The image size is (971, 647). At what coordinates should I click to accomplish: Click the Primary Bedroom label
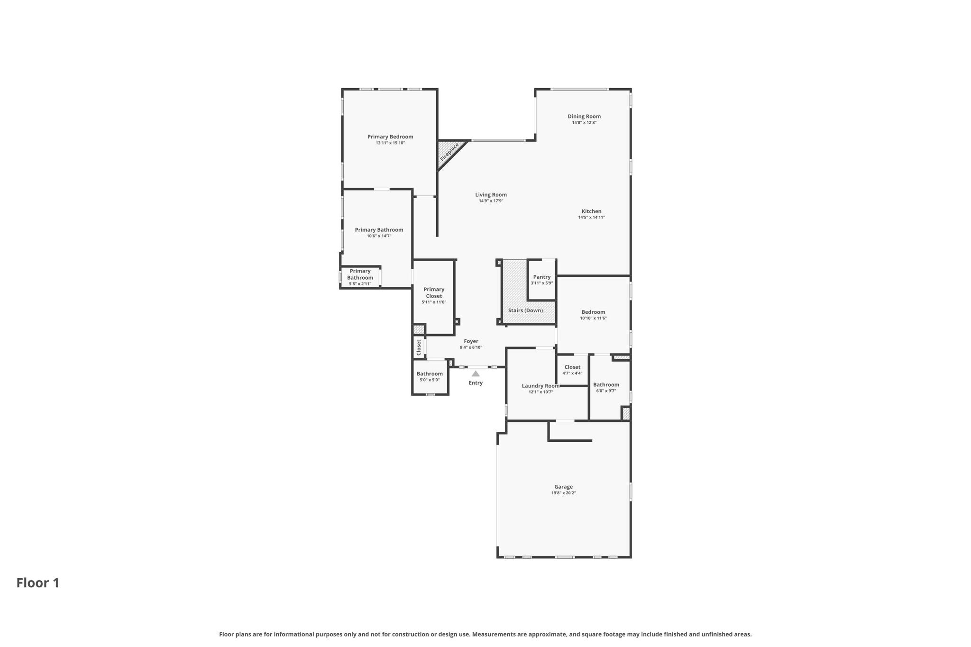[x=390, y=137]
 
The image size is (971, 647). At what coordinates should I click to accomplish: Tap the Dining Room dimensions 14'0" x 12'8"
[x=584, y=123]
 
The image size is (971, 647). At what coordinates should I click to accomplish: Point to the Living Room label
[x=491, y=195]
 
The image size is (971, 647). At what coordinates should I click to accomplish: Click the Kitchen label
[x=592, y=211]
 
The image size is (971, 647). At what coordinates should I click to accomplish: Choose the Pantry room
[x=542, y=280]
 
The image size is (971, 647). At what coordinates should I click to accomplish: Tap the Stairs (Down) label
[x=525, y=310]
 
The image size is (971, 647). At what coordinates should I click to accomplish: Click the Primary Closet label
[x=434, y=292]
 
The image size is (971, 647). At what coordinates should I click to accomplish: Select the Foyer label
[x=471, y=341]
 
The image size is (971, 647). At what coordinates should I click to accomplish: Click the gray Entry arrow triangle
[x=476, y=374]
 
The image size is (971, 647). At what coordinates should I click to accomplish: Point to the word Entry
[x=476, y=383]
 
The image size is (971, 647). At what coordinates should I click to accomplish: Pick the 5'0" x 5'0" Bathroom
[x=430, y=376]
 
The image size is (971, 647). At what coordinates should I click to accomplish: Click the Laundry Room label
[x=540, y=386]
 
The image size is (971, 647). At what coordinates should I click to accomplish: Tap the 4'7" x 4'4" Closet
[x=572, y=370]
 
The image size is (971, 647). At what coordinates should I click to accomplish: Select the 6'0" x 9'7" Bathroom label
[x=606, y=385]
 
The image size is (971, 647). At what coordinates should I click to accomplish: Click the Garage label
[x=564, y=487]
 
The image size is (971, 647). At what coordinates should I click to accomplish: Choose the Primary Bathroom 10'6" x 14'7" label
[x=379, y=233]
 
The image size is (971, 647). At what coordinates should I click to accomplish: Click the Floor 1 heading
[x=38, y=583]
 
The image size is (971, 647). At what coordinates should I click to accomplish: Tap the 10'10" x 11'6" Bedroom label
[x=593, y=315]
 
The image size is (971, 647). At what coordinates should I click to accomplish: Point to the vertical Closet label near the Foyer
[x=419, y=347]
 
